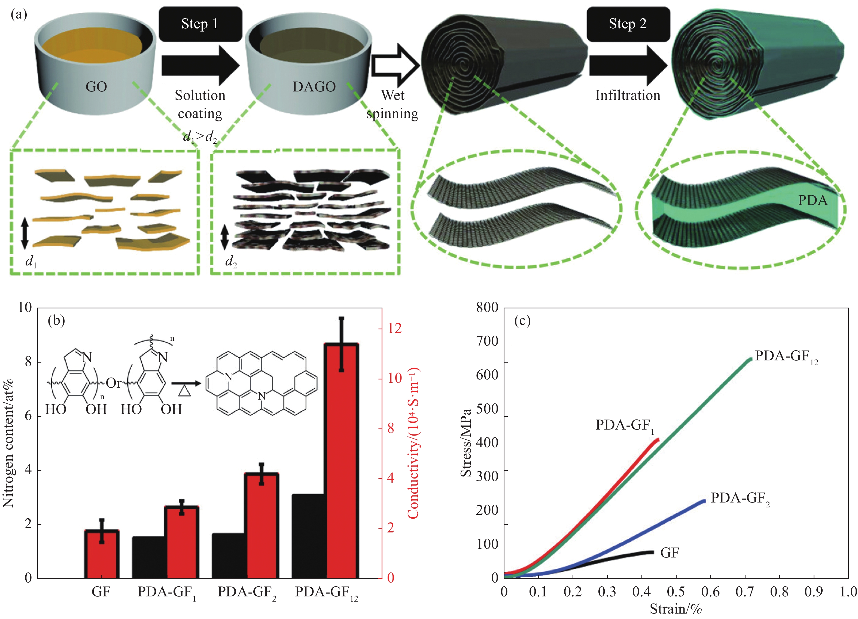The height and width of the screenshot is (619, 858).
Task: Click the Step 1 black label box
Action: [200, 24]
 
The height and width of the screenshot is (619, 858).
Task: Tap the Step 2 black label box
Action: [628, 24]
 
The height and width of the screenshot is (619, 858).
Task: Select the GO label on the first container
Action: [96, 87]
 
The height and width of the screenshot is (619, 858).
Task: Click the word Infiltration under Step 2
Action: [628, 95]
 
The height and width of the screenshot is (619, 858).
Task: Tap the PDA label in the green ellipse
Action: [813, 200]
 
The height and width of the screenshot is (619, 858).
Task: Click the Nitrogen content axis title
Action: [8, 442]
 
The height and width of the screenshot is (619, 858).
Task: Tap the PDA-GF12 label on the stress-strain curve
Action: [786, 357]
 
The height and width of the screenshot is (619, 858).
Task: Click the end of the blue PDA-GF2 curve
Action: [704, 501]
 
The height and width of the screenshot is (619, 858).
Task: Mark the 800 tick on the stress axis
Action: [487, 307]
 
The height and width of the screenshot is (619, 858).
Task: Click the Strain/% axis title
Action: [676, 609]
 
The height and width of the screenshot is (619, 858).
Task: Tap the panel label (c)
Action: [522, 321]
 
